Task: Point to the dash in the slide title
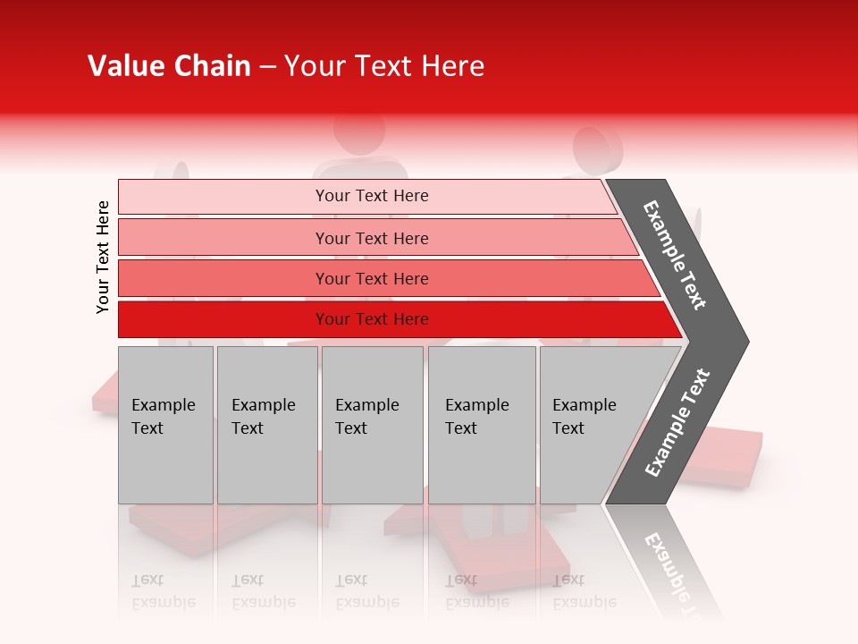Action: coord(267,67)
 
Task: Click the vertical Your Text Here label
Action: coord(103,257)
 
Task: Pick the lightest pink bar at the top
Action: coord(366,196)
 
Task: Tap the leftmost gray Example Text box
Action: coord(165,424)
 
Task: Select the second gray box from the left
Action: coord(266,424)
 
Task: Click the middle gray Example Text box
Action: coord(372,424)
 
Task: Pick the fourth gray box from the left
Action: coord(481,424)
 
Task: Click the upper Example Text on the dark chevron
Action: coord(676,255)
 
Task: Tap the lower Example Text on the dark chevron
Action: coord(677,422)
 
